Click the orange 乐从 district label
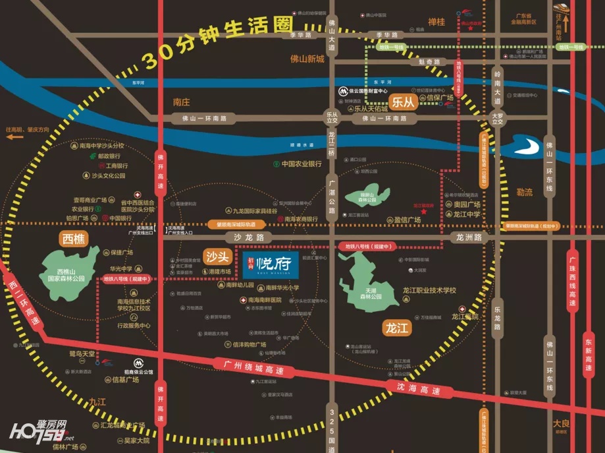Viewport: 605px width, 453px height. click(x=402, y=102)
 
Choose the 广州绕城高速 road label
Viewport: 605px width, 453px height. click(x=251, y=367)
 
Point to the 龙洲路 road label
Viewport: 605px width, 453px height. click(x=468, y=237)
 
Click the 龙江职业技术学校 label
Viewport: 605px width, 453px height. click(x=429, y=290)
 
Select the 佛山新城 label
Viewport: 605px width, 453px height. click(x=307, y=59)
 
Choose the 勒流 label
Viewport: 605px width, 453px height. click(x=525, y=193)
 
